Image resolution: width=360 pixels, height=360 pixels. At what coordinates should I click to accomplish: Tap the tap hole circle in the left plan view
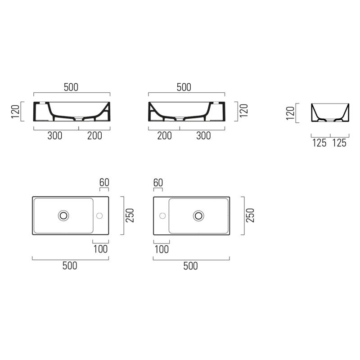pos(99,213)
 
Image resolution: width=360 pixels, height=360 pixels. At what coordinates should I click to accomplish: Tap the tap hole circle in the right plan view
pos(162,213)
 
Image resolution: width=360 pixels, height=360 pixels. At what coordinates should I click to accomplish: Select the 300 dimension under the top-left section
pos(54,136)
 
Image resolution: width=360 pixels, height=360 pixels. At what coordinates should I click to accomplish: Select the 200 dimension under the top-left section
pos(94,136)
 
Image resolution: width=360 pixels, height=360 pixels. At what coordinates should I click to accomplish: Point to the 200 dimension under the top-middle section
pos(164,136)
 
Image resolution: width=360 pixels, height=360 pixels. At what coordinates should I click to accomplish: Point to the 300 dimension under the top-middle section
pos(203,136)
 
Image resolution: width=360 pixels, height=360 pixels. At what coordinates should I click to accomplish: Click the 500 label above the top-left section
pos(71,87)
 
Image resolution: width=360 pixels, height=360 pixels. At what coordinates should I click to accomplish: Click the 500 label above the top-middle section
pos(184,87)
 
